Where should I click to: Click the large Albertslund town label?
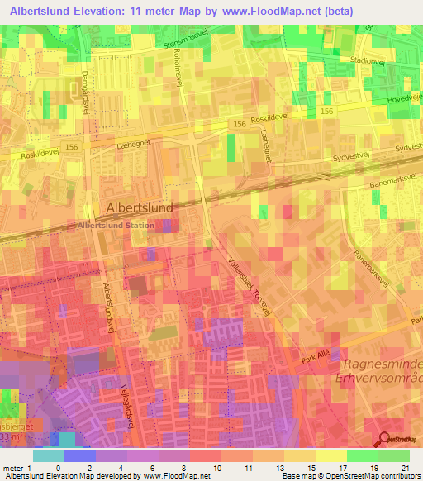140,208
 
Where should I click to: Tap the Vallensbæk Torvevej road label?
249,283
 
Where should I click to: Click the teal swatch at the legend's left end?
48,455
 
